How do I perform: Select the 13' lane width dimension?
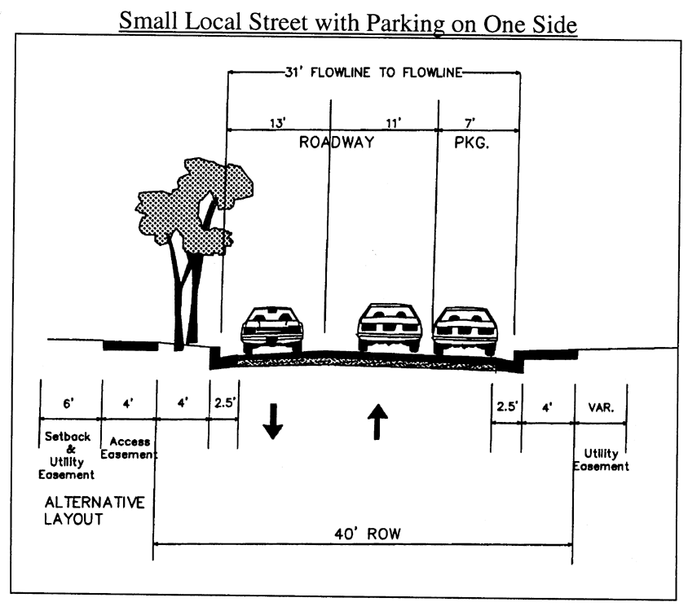(x=277, y=123)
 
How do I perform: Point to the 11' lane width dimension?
(x=395, y=123)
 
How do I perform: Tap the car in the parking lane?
(x=465, y=329)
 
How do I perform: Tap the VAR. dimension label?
(x=599, y=405)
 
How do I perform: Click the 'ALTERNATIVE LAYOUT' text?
(x=94, y=511)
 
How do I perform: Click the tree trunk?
(x=187, y=293)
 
